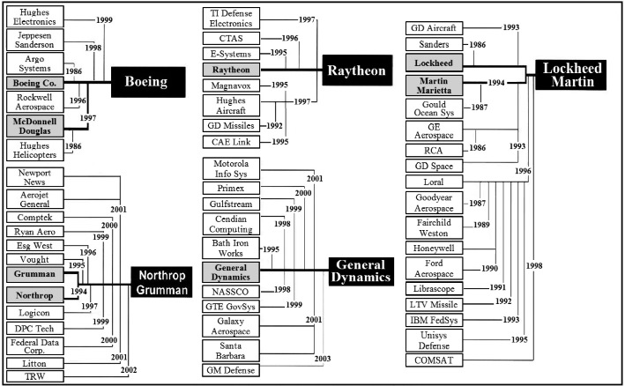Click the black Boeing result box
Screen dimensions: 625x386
coord(148,82)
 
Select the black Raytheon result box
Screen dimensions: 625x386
coord(357,71)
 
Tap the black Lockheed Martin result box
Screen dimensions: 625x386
coord(571,75)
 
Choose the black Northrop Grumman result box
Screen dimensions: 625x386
coord(161,282)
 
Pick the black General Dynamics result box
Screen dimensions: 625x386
coord(361,271)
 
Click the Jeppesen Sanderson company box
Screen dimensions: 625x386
coord(34,40)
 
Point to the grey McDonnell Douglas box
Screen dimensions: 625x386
coord(34,126)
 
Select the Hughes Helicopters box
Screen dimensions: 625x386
coord(34,150)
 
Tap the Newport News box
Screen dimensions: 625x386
coord(34,177)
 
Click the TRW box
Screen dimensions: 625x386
coord(34,376)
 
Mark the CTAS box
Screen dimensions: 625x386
coord(231,38)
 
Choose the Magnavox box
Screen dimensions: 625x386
coord(231,85)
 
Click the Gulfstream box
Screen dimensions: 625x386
coord(231,204)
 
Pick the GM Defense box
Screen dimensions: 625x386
coord(231,370)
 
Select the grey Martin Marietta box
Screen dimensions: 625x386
coord(434,85)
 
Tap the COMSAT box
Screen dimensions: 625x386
coord(434,360)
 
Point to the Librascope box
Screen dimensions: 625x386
coord(434,288)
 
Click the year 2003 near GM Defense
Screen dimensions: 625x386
coord(323,359)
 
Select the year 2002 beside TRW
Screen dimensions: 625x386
coord(129,370)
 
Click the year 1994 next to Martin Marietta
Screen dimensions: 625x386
coord(496,83)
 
